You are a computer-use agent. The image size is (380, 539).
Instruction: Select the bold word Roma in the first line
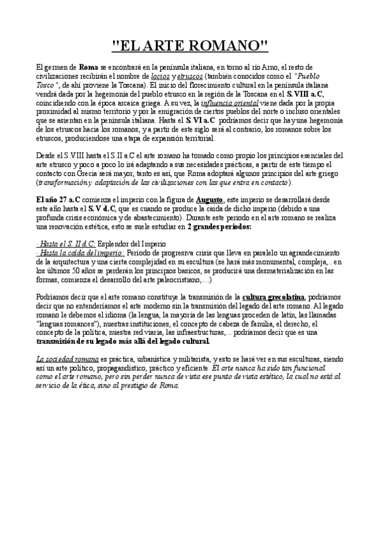point(88,67)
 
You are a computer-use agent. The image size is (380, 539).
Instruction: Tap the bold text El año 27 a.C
point(58,200)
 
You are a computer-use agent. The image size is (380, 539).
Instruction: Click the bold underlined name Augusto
point(209,200)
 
